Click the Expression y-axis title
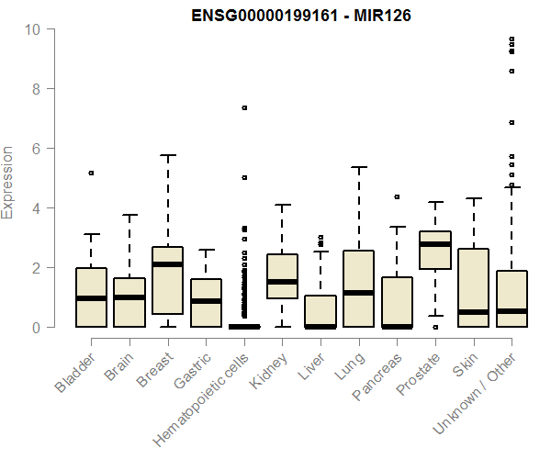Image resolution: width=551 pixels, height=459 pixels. click(x=8, y=182)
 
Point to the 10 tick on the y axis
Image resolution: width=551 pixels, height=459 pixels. click(x=34, y=29)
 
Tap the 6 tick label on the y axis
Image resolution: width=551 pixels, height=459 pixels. click(x=34, y=149)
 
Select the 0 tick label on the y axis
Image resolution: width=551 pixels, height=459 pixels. click(x=34, y=328)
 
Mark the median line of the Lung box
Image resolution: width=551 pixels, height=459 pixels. click(x=359, y=293)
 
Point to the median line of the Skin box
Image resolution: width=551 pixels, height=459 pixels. click(x=474, y=312)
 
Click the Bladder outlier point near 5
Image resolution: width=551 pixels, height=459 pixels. click(x=91, y=173)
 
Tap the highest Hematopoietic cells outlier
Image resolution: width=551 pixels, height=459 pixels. click(x=244, y=108)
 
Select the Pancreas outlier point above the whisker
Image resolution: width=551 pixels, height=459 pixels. click(x=397, y=196)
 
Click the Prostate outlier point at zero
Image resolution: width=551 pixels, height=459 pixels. click(x=435, y=327)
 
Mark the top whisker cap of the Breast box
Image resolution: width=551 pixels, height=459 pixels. click(x=168, y=155)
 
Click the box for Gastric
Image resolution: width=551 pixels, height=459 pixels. click(x=206, y=303)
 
